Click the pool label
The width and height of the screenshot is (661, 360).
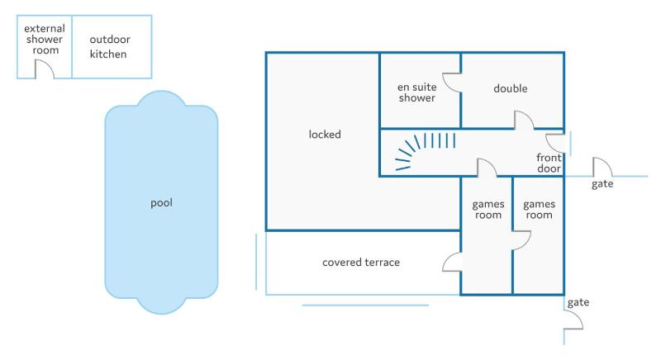pyautogui.click(x=161, y=203)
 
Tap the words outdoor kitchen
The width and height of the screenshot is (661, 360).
pyautogui.click(x=110, y=47)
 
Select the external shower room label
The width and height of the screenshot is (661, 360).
pyautogui.click(x=45, y=39)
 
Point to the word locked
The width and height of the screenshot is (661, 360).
pyautogui.click(x=325, y=135)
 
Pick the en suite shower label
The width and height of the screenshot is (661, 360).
pyautogui.click(x=417, y=92)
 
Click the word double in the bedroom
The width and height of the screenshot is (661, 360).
pyautogui.click(x=510, y=88)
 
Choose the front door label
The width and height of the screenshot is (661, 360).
pyautogui.click(x=549, y=163)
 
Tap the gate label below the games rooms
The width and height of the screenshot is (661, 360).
pyautogui.click(x=578, y=302)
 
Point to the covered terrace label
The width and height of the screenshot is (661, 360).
pyautogui.click(x=361, y=263)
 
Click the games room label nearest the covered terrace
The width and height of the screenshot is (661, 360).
pyautogui.click(x=488, y=210)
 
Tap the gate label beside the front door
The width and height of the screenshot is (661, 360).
pyautogui.click(x=602, y=184)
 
